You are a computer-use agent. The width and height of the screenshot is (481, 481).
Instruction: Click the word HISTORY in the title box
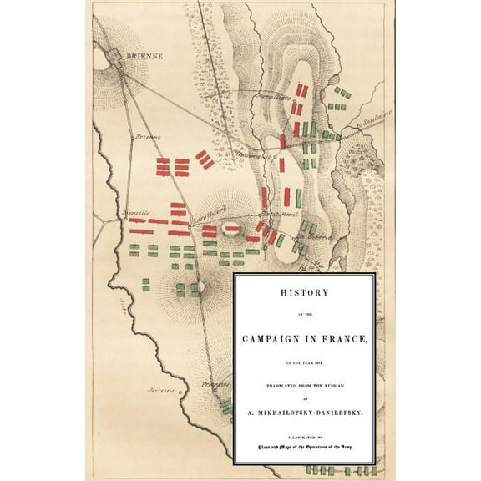[x=304, y=294]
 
